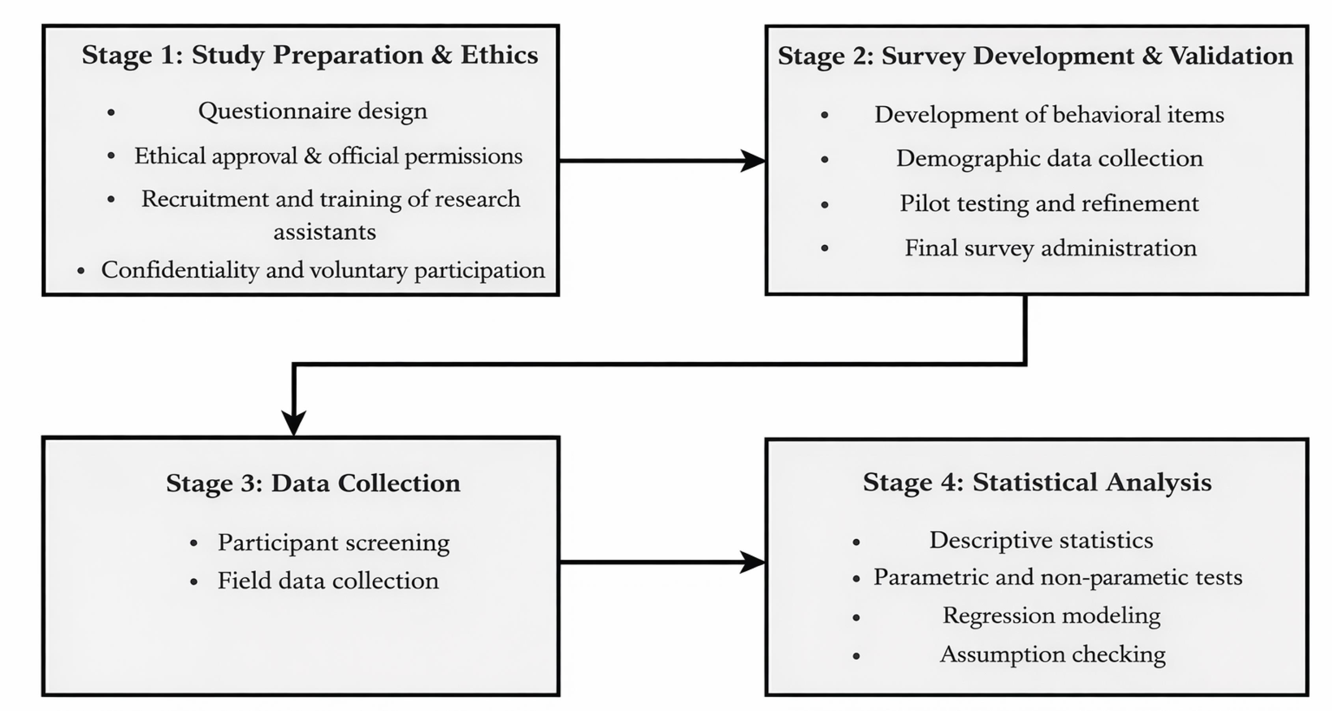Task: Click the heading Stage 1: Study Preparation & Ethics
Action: pos(310,55)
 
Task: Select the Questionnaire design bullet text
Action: pos(313,111)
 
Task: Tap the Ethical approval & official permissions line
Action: pos(328,156)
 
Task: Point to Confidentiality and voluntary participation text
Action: pos(323,270)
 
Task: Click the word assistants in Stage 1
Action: pos(325,231)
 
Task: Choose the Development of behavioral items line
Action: pos(1049,114)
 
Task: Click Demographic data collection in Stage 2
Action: pos(1050,158)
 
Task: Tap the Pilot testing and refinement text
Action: pos(1049,203)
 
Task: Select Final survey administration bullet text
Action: pos(1051,248)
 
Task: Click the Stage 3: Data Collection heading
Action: pos(313,483)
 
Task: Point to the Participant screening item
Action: pos(333,543)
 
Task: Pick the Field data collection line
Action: pos(328,580)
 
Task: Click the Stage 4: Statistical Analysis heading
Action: pos(1037,482)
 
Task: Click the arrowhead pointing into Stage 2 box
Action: pos(753,161)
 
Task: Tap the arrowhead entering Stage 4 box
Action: pos(753,562)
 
